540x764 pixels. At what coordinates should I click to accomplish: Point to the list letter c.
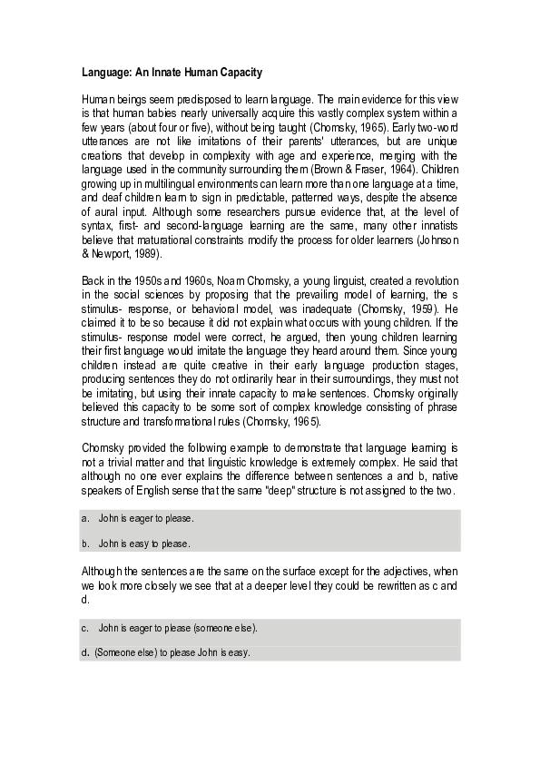pyautogui.click(x=84, y=628)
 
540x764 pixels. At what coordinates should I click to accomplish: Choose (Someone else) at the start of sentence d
pyautogui.click(x=126, y=653)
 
